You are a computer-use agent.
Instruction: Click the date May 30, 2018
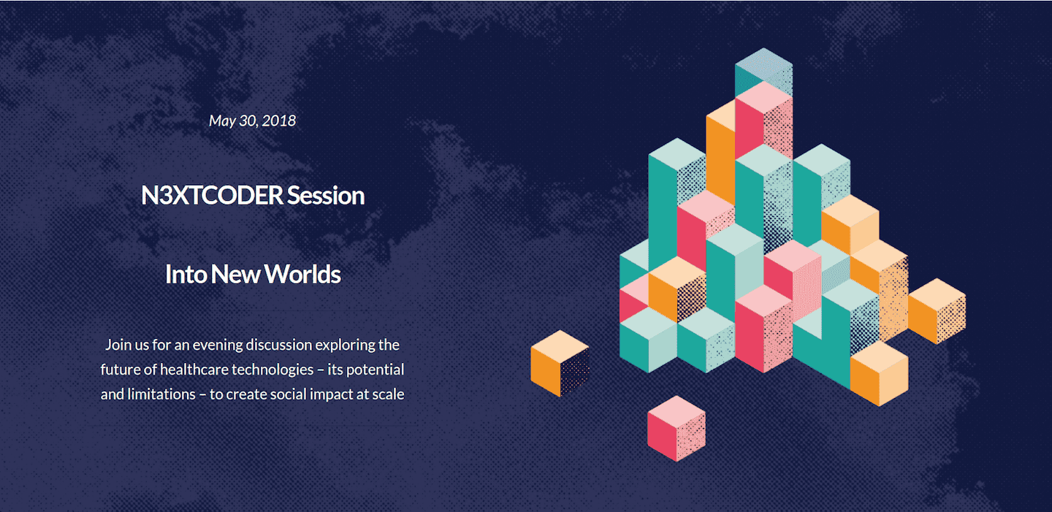(252, 121)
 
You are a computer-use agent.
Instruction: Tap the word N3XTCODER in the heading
(212, 196)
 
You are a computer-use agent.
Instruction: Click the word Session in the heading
(326, 196)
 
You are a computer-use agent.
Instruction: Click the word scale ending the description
(388, 394)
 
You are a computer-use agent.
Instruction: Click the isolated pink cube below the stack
(676, 429)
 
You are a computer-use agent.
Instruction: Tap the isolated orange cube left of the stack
(560, 363)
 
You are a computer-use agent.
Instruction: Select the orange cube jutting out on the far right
(937, 311)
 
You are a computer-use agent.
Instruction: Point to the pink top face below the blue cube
(764, 98)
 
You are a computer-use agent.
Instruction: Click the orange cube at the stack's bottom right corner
(879, 373)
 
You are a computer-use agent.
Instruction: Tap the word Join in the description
(118, 345)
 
